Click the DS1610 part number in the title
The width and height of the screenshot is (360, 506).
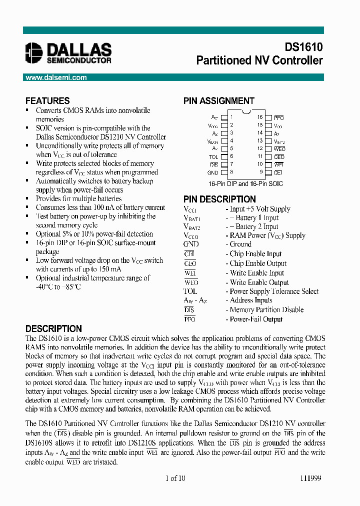(303, 47)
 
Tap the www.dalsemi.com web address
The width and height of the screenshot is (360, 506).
(56, 77)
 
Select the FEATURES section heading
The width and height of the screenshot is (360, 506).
(47, 100)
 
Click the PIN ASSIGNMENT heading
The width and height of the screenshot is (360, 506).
(218, 100)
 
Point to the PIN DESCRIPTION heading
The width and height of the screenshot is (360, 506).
(219, 199)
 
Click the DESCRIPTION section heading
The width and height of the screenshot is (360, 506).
(53, 328)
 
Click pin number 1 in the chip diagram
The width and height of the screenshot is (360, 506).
(231, 117)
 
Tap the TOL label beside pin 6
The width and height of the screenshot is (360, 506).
(213, 156)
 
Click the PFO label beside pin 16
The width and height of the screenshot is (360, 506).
(279, 117)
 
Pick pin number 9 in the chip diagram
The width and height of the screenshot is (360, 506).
(260, 172)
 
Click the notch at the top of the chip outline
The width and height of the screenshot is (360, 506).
(246, 110)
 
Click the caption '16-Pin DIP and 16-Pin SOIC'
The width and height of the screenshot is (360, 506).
(246, 183)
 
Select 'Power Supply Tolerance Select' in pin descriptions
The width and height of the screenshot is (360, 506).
(274, 291)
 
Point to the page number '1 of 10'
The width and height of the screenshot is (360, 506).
(175, 478)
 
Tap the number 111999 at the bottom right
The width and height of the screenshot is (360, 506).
(310, 478)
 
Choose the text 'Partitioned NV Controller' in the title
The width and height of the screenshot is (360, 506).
(259, 60)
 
